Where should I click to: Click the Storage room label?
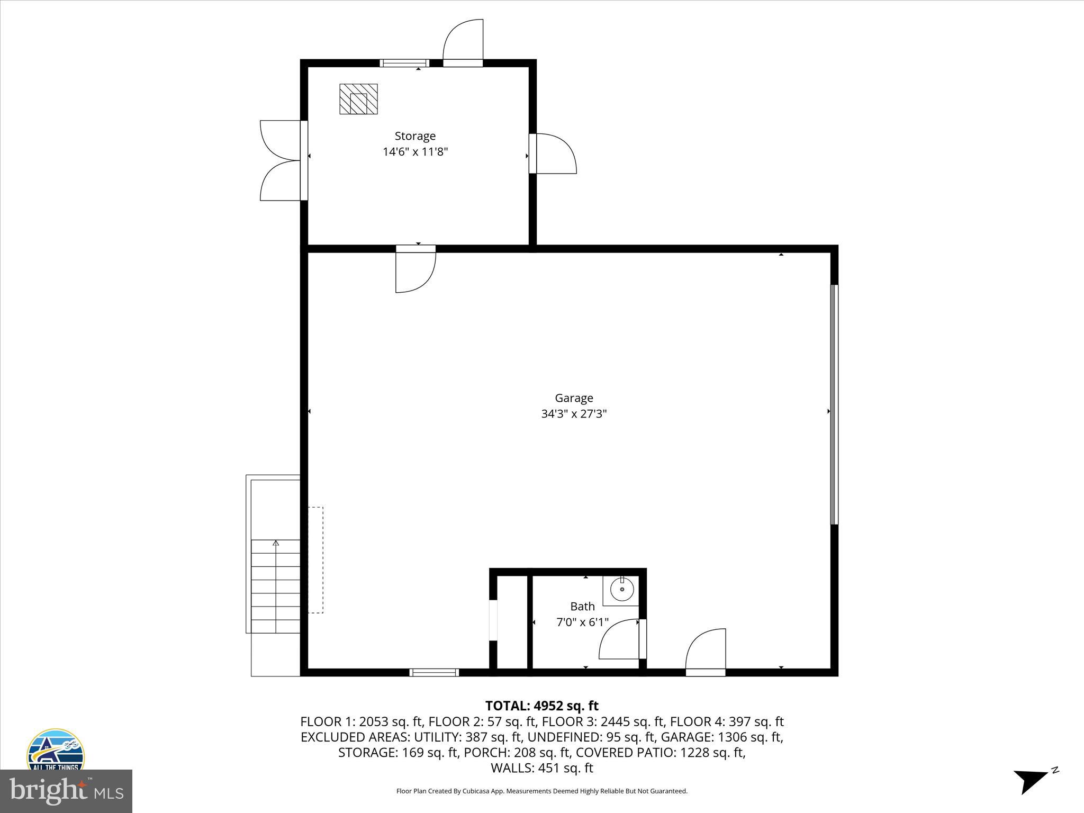(x=415, y=136)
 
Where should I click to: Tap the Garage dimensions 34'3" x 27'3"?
(x=574, y=413)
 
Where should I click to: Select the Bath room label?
(x=582, y=606)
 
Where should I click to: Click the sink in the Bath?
(x=622, y=589)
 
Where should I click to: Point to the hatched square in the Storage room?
(x=358, y=99)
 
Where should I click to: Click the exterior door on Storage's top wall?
(x=463, y=42)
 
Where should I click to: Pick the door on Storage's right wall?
(x=553, y=153)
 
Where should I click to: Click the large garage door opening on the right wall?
(x=834, y=405)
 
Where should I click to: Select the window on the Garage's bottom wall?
(x=434, y=672)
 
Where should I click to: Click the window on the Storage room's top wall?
(x=405, y=63)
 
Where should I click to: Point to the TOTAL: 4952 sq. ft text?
(x=541, y=706)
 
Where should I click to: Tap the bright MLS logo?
(x=66, y=791)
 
